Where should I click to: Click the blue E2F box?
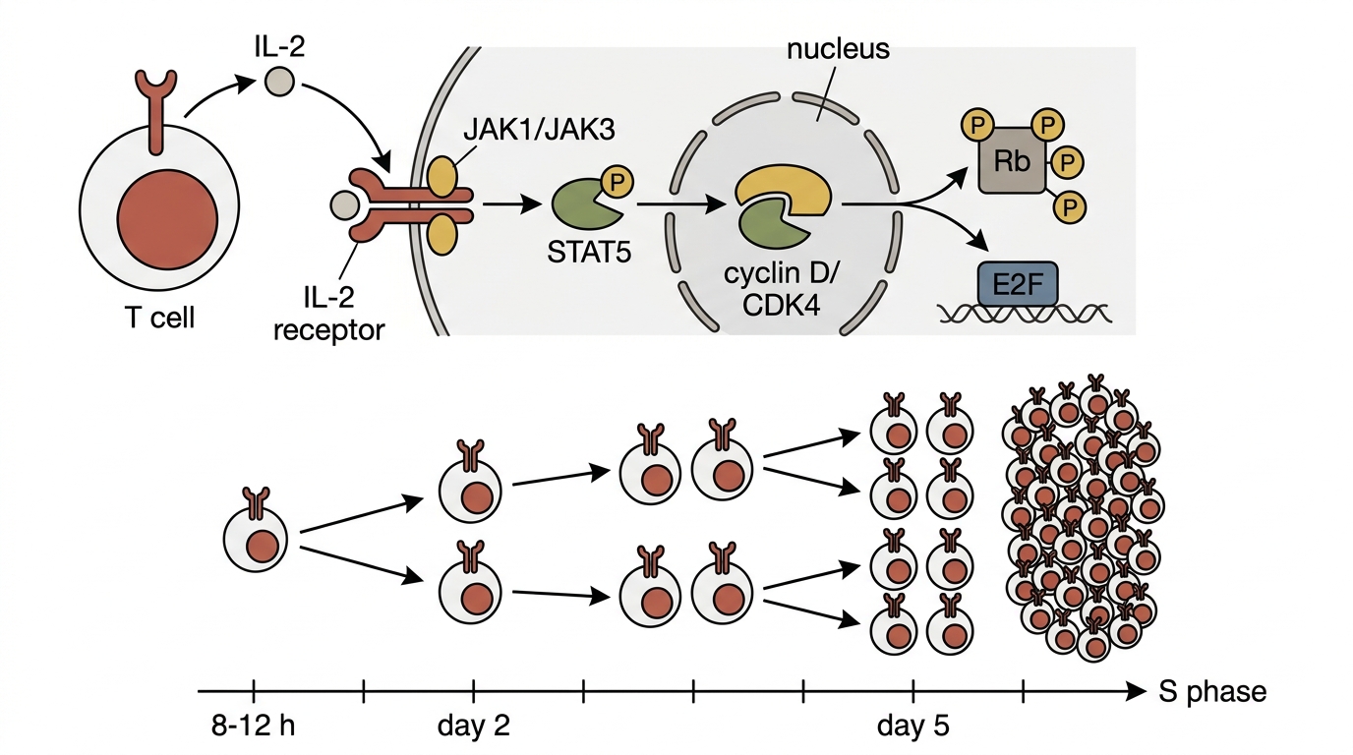pos(1017,283)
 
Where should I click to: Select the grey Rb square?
pos(1012,160)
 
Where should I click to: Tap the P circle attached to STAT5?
pos(617,182)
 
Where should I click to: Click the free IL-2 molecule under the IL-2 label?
pos(279,82)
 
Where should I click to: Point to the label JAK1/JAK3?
pos(539,129)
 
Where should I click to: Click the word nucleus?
pos(838,48)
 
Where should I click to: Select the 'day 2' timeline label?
pos(474,726)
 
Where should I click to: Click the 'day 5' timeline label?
pos(913,726)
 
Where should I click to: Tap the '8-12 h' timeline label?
pos(253,726)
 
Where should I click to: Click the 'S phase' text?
pos(1212,692)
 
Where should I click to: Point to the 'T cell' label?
pos(160,318)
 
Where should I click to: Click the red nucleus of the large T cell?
pos(167,218)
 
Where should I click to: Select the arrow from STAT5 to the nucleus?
pos(680,204)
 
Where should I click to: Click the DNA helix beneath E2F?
pos(1024,314)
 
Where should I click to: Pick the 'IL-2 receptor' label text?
pos(328,314)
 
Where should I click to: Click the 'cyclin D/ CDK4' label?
pos(781,289)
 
